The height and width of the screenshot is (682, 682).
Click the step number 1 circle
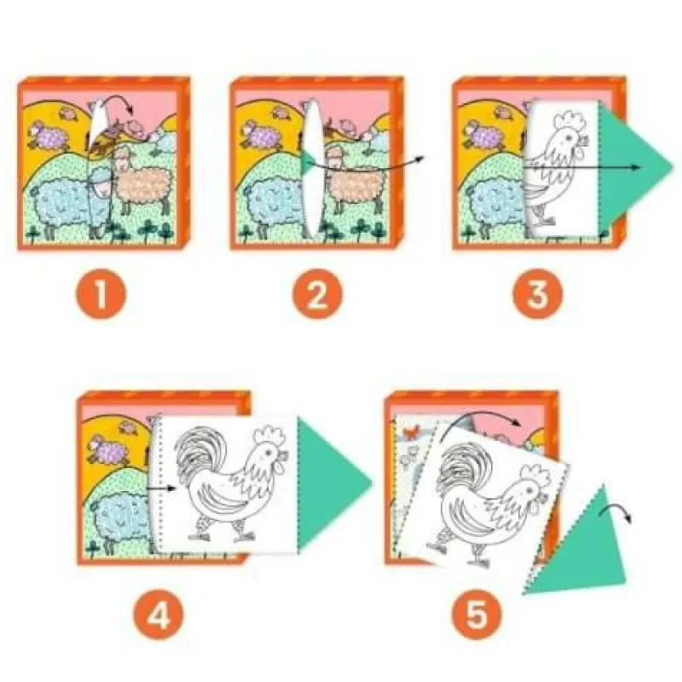pyautogui.click(x=101, y=294)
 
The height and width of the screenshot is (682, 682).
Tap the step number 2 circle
pyautogui.click(x=317, y=294)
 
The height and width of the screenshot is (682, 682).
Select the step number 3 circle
pyautogui.click(x=538, y=294)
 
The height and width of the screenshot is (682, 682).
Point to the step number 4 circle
pyautogui.click(x=159, y=614)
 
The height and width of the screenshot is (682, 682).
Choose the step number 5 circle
pyautogui.click(x=477, y=614)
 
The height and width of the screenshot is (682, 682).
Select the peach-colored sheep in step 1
pyautogui.click(x=142, y=176)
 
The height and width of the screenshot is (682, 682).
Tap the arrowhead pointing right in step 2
pyautogui.click(x=420, y=159)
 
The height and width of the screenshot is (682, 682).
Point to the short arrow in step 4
pyautogui.click(x=161, y=488)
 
